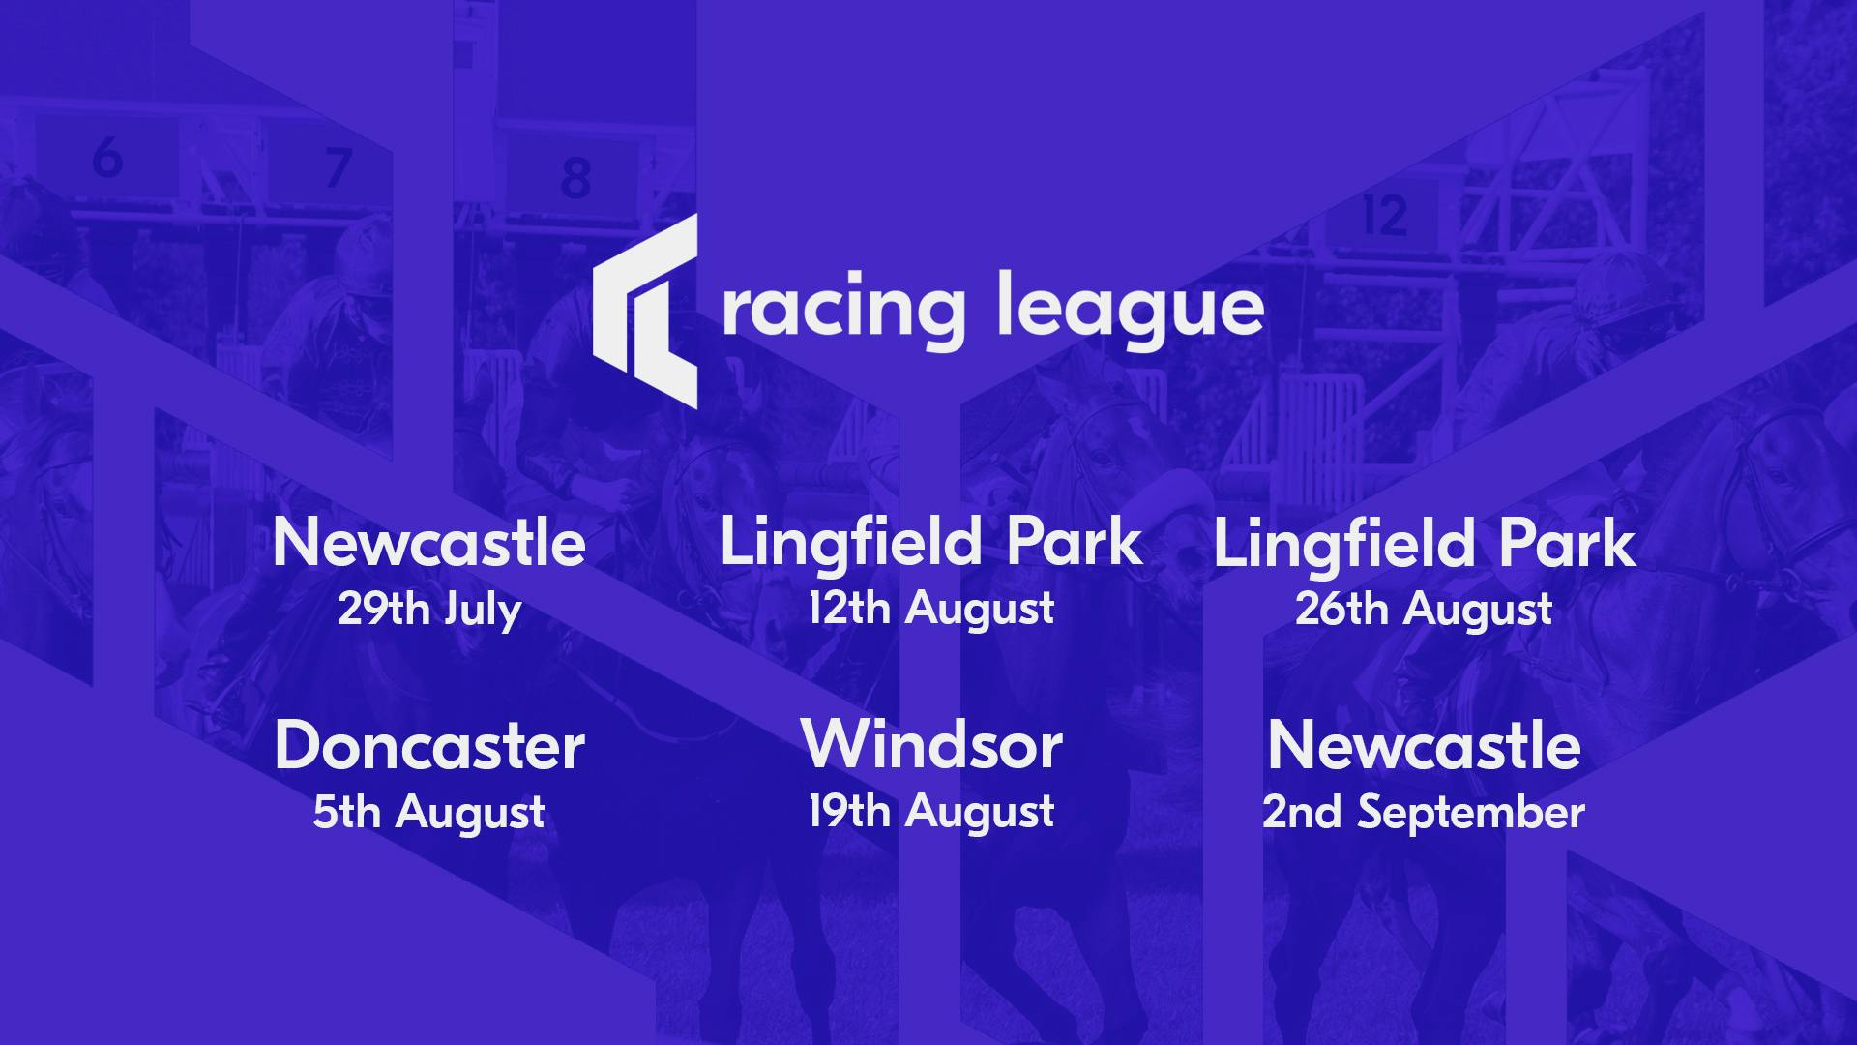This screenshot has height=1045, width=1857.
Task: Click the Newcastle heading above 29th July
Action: click(428, 543)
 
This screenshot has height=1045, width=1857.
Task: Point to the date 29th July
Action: click(429, 610)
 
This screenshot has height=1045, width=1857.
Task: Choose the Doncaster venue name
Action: click(429, 746)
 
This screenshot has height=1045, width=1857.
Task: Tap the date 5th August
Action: click(428, 812)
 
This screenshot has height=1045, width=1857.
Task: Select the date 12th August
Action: click(931, 610)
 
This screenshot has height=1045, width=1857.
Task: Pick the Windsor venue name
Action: click(931, 746)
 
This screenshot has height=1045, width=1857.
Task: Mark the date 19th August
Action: click(931, 812)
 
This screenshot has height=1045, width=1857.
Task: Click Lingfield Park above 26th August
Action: click(1424, 545)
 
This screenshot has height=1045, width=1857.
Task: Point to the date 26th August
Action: click(1424, 610)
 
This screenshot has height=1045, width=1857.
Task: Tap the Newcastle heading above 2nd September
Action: click(1424, 746)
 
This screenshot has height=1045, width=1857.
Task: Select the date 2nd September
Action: click(1424, 812)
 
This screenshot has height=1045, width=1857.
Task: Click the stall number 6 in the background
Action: click(107, 157)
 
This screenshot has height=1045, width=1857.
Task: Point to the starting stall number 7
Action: click(338, 167)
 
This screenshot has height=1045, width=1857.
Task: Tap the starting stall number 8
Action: click(575, 178)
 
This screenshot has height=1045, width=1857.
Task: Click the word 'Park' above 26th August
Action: click(1567, 543)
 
